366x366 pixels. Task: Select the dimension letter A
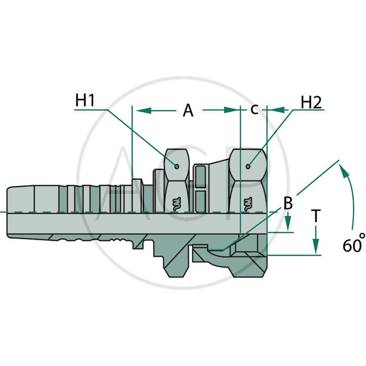pyautogui.click(x=188, y=110)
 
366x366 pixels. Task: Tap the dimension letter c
pyautogui.click(x=254, y=109)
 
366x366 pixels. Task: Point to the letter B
pyautogui.click(x=288, y=204)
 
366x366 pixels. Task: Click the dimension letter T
pyautogui.click(x=316, y=215)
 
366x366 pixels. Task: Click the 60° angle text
pyautogui.click(x=354, y=244)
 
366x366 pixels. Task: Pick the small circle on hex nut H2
pyautogui.click(x=248, y=166)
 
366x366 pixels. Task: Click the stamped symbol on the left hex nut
pyautogui.click(x=175, y=203)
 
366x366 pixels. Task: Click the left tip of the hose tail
pyautogui.click(x=8, y=212)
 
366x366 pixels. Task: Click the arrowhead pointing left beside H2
pyautogui.click(x=278, y=110)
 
